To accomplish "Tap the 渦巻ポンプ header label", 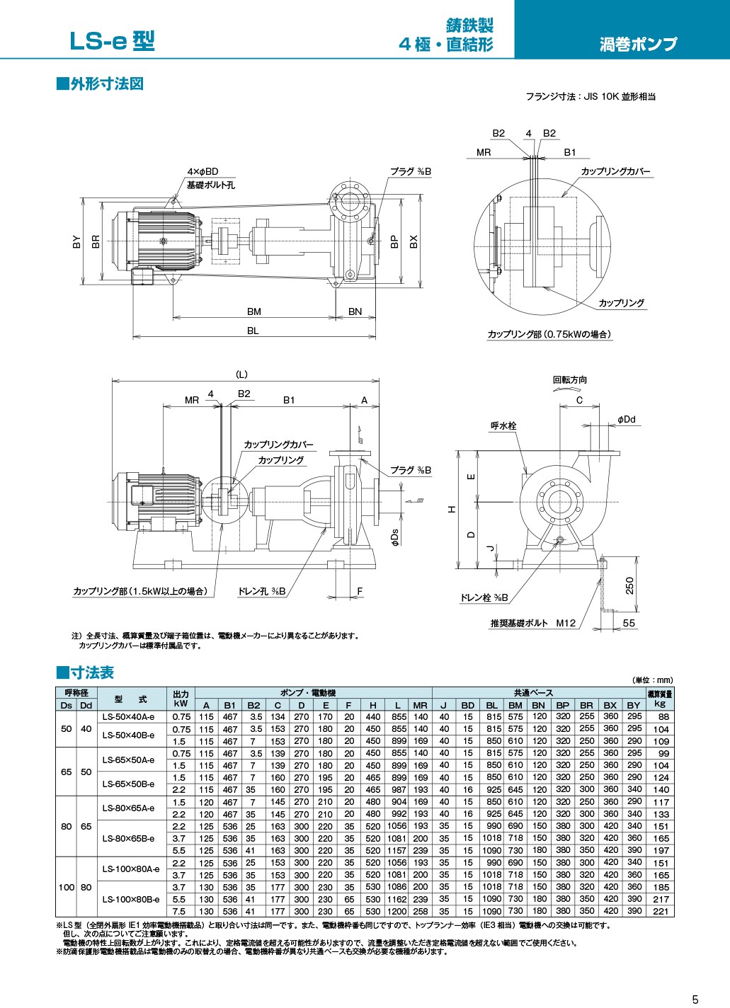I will tap(637, 45).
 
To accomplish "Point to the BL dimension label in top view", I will tap(253, 331).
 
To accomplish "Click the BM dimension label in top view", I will tap(253, 311).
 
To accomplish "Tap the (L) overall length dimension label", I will tap(241, 374).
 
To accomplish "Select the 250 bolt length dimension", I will tap(629, 585).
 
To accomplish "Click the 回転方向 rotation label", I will tap(569, 380).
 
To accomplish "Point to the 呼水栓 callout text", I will tap(503, 426).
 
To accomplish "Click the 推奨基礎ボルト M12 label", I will tap(533, 623).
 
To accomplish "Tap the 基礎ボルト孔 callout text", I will tap(210, 185).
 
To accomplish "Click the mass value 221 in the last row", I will tap(660, 911).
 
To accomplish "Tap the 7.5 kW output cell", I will tap(181, 911).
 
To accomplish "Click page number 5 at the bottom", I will tap(695, 999).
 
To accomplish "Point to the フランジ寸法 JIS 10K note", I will tap(590, 96).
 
